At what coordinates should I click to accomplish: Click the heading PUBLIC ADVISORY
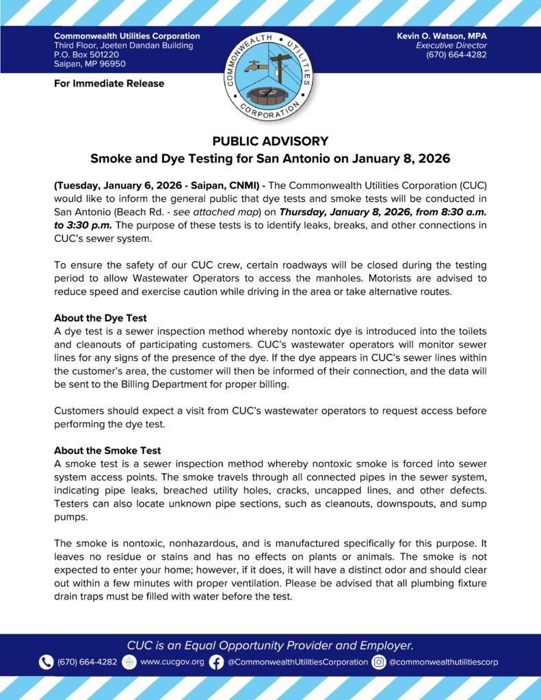point(270,142)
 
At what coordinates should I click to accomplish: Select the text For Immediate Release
point(109,83)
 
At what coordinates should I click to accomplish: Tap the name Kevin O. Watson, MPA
point(442,36)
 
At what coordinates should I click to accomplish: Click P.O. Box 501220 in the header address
point(86,55)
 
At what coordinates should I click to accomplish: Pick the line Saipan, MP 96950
point(90,64)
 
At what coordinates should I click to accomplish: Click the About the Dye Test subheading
point(101,318)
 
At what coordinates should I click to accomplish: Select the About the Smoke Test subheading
point(107,450)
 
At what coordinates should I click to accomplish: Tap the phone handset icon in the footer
point(46,662)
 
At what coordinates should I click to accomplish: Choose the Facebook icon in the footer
point(216,662)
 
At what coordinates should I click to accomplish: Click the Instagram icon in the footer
point(379,662)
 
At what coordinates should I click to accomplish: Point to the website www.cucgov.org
point(172,662)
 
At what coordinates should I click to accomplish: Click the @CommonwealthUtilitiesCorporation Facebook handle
point(298,662)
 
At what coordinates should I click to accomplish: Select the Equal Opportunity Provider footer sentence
point(270,645)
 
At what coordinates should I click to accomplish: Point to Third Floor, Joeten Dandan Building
point(123,45)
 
